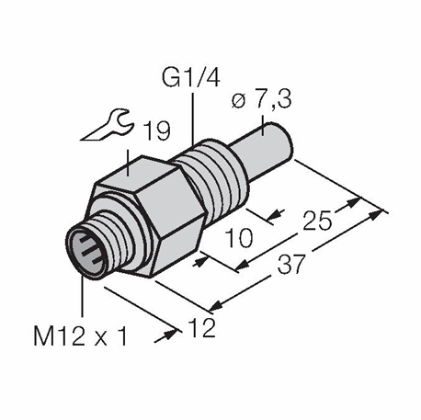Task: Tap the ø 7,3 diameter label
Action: click(261, 100)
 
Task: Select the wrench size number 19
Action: click(157, 131)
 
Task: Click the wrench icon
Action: click(108, 125)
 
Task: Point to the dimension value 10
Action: click(239, 238)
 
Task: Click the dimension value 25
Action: click(317, 220)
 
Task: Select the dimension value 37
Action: click(291, 264)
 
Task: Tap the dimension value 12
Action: click(202, 327)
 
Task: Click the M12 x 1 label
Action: click(80, 336)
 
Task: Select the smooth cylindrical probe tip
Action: click(264, 153)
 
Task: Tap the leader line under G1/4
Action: click(193, 119)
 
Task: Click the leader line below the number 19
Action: click(128, 163)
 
